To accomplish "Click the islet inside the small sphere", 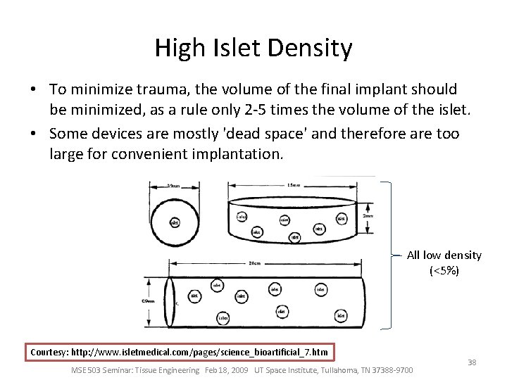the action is tap(175, 222).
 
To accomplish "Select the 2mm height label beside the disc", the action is tap(368, 215).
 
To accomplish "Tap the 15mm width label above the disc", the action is tap(294, 186).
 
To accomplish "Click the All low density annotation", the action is tap(444, 255).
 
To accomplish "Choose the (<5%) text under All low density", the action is tap(444, 270).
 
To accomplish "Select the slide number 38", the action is tap(472, 362).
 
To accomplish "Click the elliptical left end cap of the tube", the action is tap(170, 303).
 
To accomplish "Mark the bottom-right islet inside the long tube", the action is tap(341, 316).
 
